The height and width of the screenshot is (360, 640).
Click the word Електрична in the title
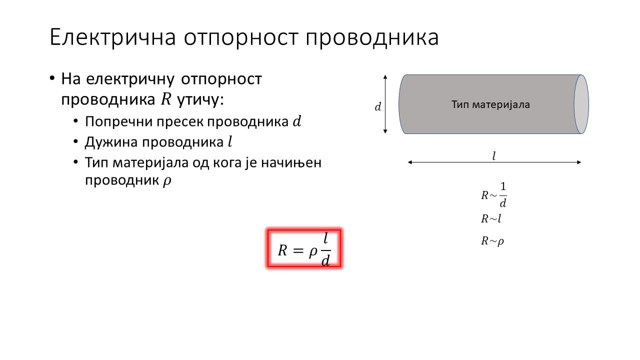[x=112, y=37]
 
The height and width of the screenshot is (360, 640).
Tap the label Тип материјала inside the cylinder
[x=490, y=104]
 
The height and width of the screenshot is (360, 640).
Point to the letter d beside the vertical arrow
[x=377, y=107]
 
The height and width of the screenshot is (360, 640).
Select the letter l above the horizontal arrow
[x=494, y=156]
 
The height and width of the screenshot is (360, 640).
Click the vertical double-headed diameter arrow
[x=385, y=104]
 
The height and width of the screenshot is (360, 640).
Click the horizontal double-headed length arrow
[x=494, y=162]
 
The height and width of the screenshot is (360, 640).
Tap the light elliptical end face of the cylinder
[x=581, y=104]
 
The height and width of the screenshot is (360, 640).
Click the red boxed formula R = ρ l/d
[x=304, y=248]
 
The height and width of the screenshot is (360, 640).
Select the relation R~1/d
[x=494, y=195]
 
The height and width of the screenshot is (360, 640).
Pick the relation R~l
[x=491, y=219]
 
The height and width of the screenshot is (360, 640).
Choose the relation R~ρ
[x=492, y=241]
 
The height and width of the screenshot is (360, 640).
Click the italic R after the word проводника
[x=166, y=99]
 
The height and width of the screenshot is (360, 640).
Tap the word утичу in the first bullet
[x=200, y=100]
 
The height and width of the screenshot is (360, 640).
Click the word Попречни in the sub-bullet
[x=119, y=122]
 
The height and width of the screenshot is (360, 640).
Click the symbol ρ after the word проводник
[x=167, y=181]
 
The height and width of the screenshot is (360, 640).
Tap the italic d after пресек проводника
[x=297, y=121]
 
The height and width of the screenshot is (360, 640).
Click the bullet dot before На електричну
[x=51, y=78]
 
